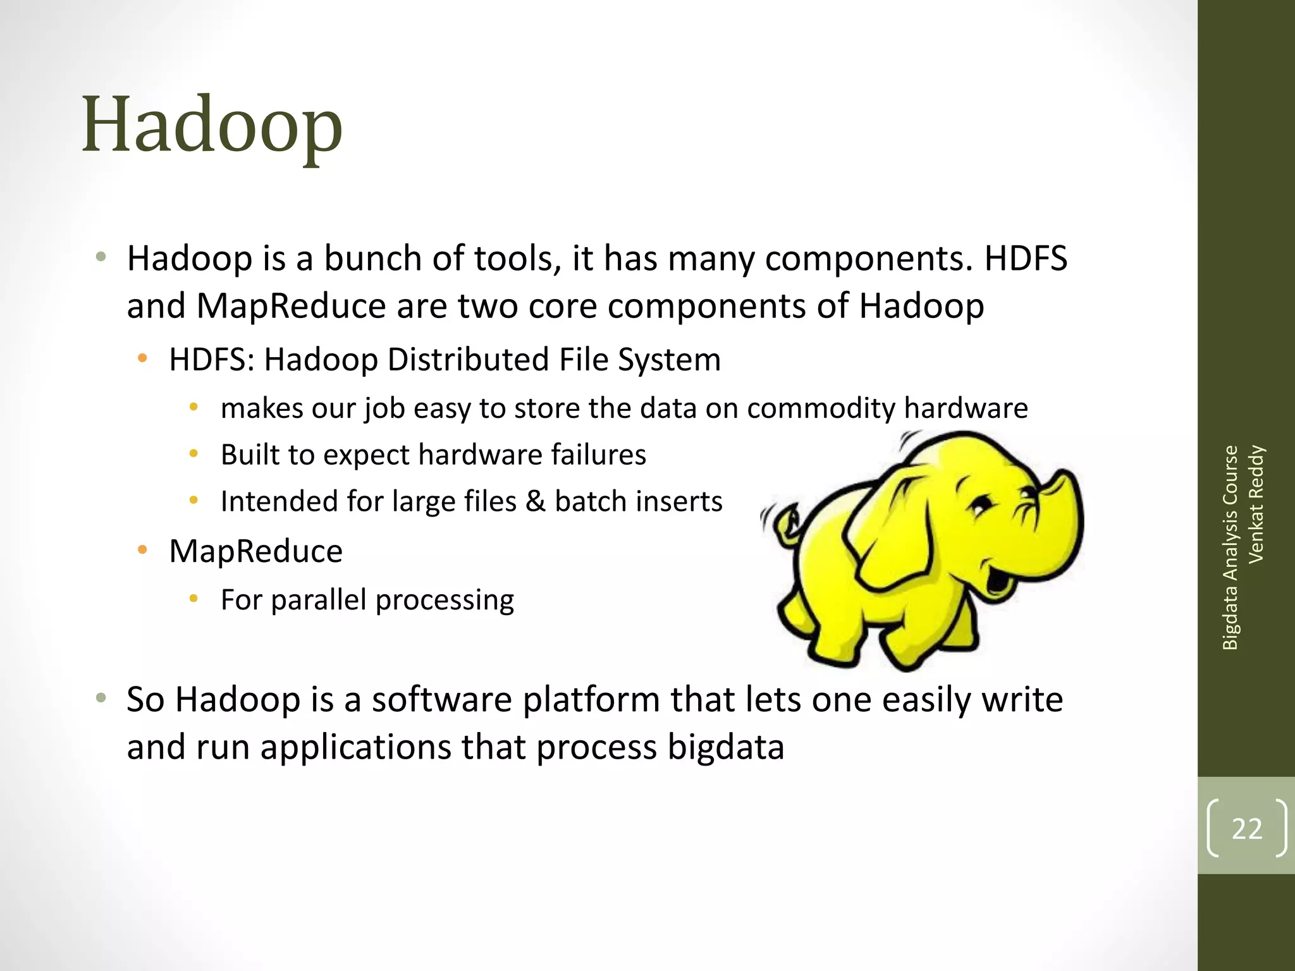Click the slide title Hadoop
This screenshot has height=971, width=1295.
[212, 125]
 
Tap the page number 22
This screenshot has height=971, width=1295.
[1246, 829]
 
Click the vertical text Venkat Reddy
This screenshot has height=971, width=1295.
[1256, 504]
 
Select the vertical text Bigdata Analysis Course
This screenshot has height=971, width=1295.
[1230, 547]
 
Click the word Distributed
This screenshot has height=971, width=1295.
[468, 360]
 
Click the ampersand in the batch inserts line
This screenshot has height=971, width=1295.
[535, 501]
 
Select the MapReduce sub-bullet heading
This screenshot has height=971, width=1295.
[255, 551]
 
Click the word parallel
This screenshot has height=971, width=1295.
[319, 599]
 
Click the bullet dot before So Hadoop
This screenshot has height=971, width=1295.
[101, 699]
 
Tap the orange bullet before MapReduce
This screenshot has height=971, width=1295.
[143, 550]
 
